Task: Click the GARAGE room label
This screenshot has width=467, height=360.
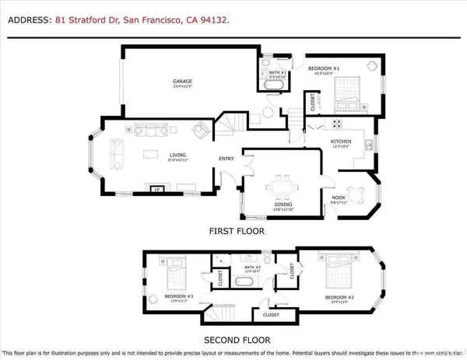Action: click(x=182, y=81)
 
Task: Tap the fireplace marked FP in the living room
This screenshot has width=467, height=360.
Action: click(x=156, y=189)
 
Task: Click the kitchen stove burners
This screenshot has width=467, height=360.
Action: click(x=338, y=123)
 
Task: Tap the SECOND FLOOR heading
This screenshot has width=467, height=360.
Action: click(x=237, y=340)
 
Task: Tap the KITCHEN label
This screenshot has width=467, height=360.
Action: click(x=343, y=142)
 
